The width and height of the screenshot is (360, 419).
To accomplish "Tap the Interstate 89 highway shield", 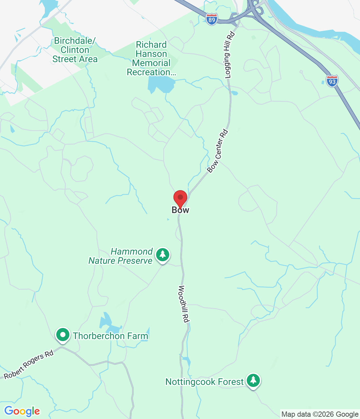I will pyautogui.click(x=212, y=20).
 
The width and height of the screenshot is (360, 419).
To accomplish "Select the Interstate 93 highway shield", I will pyautogui.click(x=332, y=81).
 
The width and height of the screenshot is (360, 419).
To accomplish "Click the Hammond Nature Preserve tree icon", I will pyautogui.click(x=163, y=254).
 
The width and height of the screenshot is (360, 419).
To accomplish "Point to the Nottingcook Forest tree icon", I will pyautogui.click(x=253, y=380).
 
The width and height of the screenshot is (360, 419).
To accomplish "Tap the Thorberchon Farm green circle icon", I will pyautogui.click(x=63, y=335).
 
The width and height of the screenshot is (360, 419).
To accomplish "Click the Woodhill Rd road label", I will pyautogui.click(x=184, y=304).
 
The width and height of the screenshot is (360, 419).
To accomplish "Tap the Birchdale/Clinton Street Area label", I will pyautogui.click(x=75, y=50).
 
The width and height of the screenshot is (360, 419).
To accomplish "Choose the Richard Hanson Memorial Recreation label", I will pyautogui.click(x=151, y=59).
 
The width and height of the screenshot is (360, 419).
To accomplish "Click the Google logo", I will pyautogui.click(x=22, y=411).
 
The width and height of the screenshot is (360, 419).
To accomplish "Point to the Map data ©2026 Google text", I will pyautogui.click(x=320, y=414).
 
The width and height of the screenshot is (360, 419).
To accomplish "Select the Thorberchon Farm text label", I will pyautogui.click(x=110, y=336).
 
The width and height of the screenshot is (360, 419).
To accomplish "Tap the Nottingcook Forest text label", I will pyautogui.click(x=205, y=382).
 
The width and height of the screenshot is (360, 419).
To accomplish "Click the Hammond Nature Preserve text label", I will pyautogui.click(x=120, y=256).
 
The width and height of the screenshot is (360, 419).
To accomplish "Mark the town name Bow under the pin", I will pyautogui.click(x=180, y=210).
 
